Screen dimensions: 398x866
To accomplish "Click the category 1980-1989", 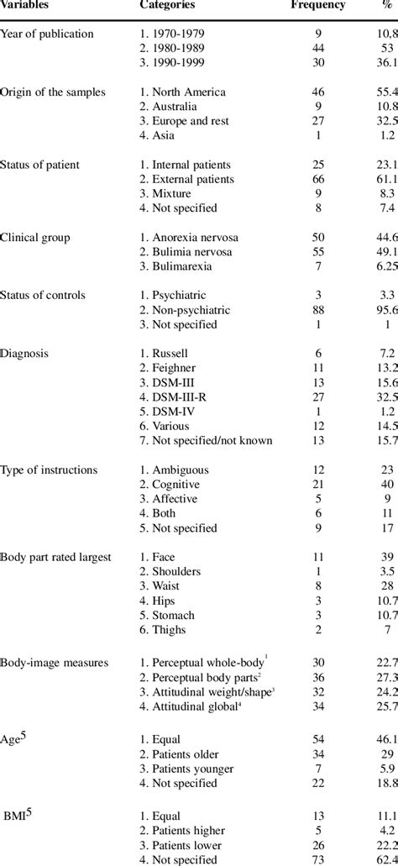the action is (178, 49).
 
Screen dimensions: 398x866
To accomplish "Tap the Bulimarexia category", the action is (181, 266).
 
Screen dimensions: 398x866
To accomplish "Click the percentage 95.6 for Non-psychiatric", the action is (382, 311).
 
